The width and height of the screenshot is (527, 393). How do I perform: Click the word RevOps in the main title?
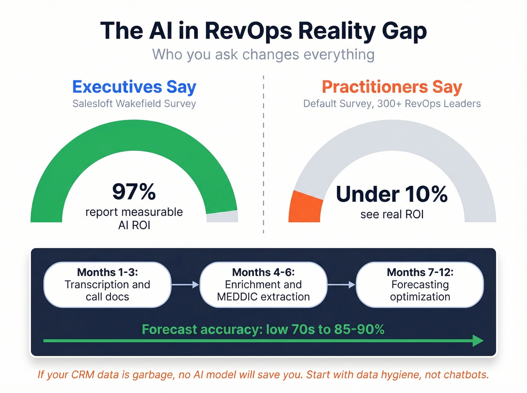tap(248, 31)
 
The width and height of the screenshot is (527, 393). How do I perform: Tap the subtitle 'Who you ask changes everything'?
tap(263, 55)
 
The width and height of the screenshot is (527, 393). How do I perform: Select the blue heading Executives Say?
tap(134, 87)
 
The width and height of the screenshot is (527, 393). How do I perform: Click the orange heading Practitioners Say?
tap(392, 87)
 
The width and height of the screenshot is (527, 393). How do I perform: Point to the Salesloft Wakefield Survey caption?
tap(134, 103)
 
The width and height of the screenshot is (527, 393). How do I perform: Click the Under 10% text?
tap(392, 194)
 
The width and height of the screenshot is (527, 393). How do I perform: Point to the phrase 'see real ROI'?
tap(392, 214)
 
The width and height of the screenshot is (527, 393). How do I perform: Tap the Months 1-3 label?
tap(107, 272)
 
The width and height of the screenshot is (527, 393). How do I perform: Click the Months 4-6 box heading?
tap(263, 272)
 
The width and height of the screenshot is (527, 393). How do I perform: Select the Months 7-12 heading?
tap(420, 272)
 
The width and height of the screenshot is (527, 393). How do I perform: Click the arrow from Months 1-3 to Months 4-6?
tap(185, 285)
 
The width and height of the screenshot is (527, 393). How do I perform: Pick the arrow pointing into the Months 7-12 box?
tap(341, 285)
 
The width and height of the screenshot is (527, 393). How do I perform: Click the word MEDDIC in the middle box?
tap(237, 297)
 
